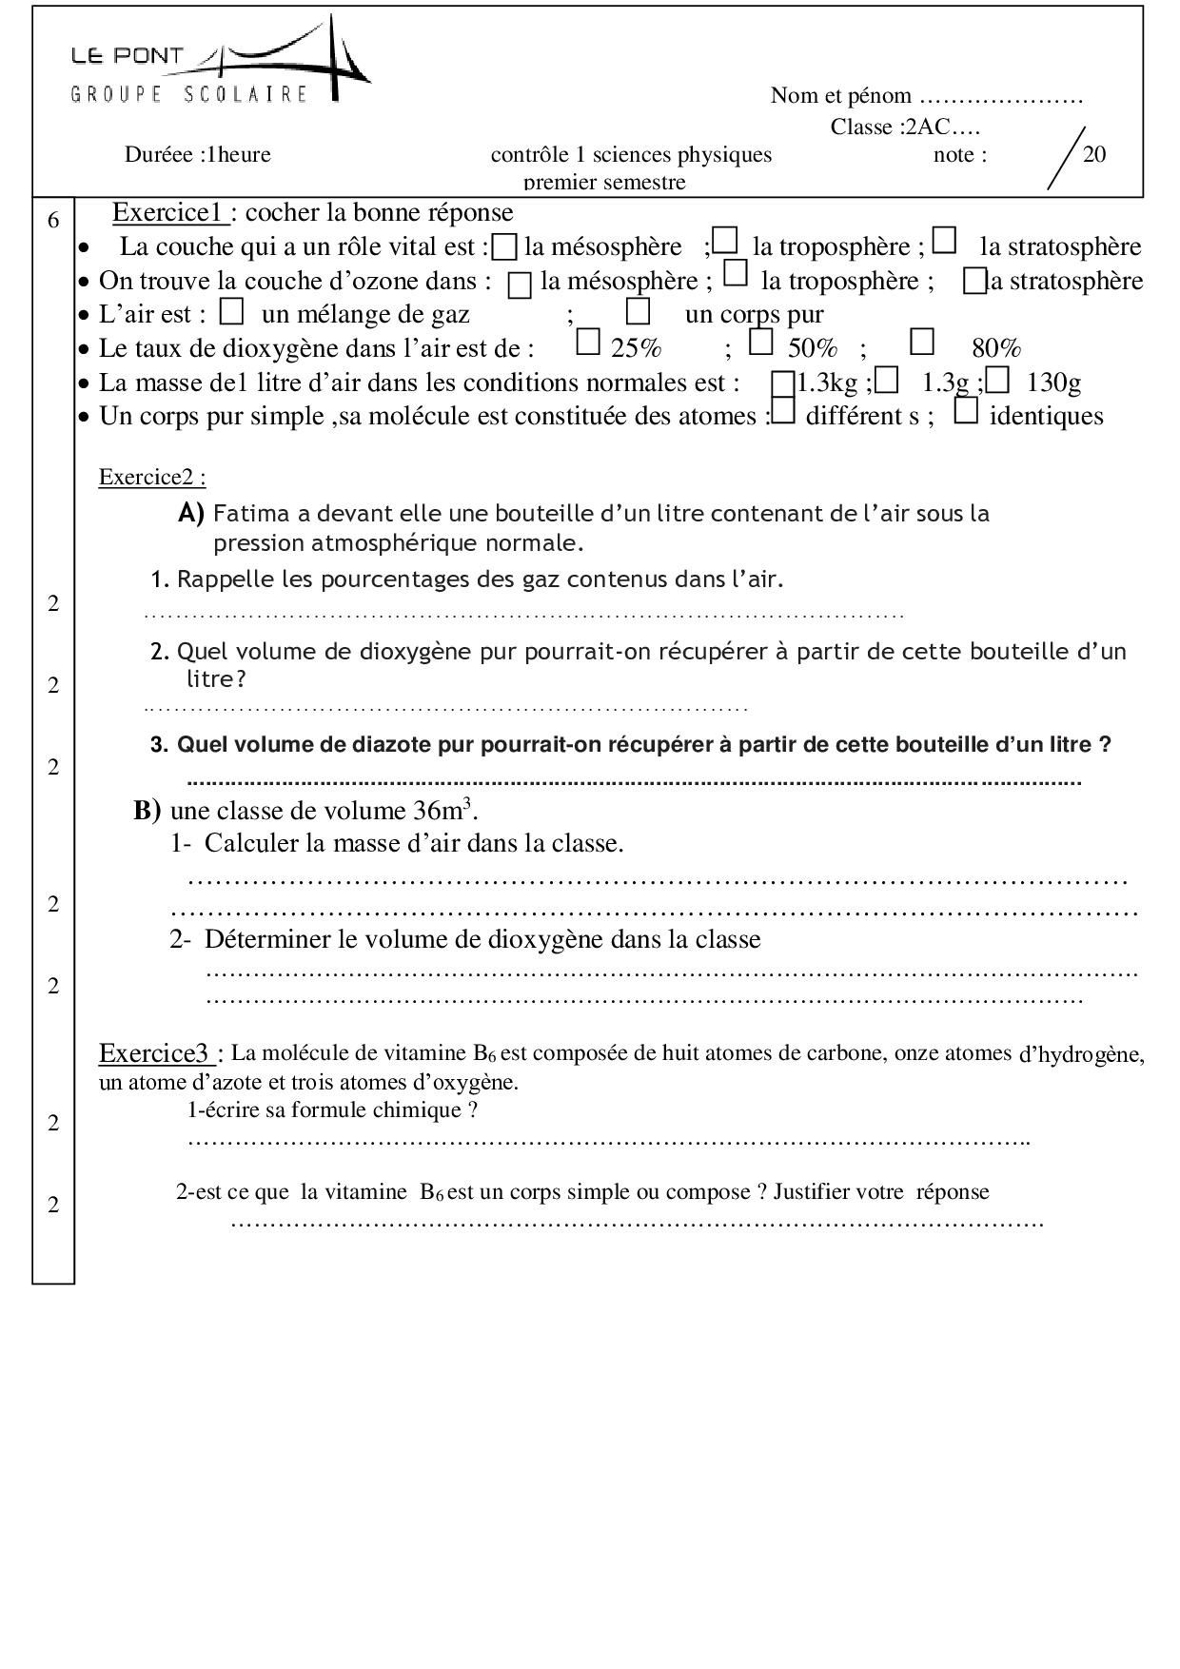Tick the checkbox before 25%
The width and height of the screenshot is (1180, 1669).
coord(589,342)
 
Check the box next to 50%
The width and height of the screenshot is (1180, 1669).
coord(760,342)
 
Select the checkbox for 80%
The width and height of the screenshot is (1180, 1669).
coord(922,342)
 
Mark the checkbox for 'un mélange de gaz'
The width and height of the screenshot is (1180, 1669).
coord(232,311)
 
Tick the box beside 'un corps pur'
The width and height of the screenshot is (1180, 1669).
coord(639,311)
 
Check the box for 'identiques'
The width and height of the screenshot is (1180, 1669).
coord(966,411)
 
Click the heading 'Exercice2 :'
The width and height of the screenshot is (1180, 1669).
coord(152,477)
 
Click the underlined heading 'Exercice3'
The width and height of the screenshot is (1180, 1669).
coord(154,1053)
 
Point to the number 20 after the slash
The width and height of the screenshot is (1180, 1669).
coord(1094,154)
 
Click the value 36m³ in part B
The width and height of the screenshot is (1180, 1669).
coord(443,810)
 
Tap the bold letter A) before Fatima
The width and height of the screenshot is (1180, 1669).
coord(191,514)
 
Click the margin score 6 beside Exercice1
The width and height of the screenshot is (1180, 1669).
coord(53,221)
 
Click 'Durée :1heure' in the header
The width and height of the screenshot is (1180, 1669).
coord(197,154)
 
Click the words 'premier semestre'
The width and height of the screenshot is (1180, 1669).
coord(604,182)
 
